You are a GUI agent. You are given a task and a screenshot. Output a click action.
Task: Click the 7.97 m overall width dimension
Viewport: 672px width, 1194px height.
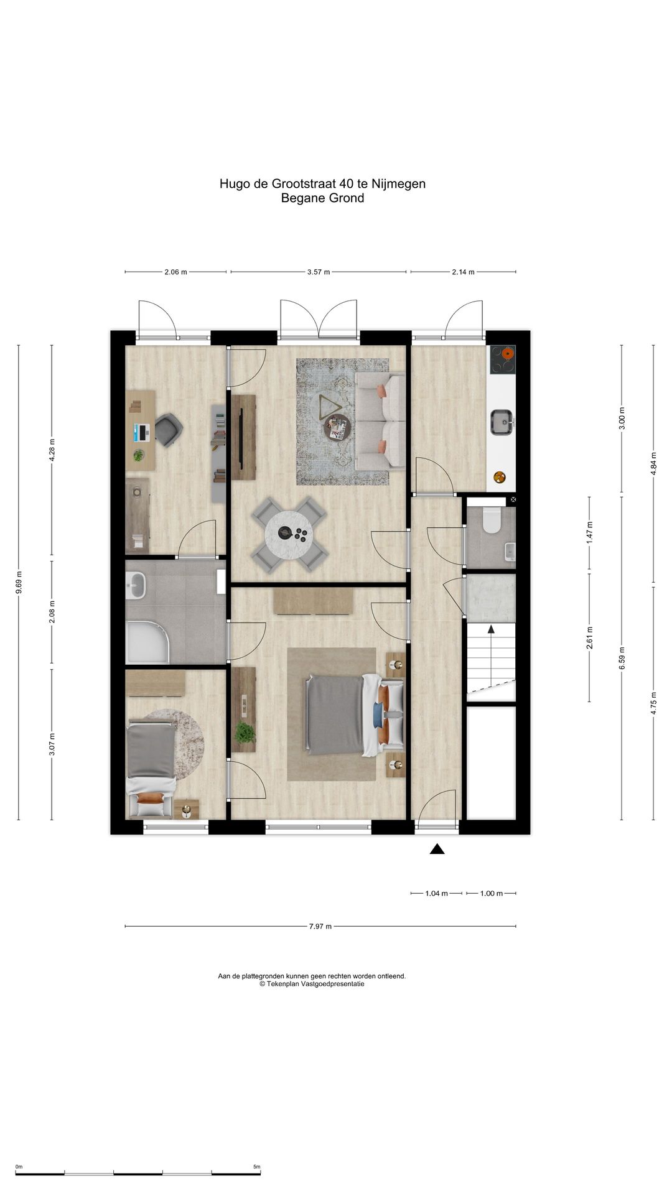click(x=320, y=927)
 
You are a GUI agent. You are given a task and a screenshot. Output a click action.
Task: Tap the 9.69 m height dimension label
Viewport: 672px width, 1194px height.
click(x=19, y=583)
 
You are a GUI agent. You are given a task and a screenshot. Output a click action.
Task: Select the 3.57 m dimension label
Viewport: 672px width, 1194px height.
click(x=319, y=272)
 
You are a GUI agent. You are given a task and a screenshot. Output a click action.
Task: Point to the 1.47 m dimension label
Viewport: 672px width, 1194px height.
click(x=590, y=533)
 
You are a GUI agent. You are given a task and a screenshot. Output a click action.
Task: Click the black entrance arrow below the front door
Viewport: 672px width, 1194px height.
click(x=437, y=849)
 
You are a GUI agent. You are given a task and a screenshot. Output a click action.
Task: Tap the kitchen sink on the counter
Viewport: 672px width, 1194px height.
click(x=502, y=422)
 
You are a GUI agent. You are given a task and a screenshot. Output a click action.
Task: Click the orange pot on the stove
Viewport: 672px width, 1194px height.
click(x=508, y=353)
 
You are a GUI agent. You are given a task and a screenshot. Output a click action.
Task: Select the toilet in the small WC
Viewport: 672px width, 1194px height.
click(x=492, y=521)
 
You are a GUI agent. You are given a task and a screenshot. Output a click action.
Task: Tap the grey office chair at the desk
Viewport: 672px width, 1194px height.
click(x=168, y=430)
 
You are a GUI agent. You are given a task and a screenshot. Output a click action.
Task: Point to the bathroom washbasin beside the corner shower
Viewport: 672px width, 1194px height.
click(x=136, y=585)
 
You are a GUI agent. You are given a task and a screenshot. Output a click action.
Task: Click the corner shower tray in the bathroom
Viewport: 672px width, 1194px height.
click(x=147, y=642)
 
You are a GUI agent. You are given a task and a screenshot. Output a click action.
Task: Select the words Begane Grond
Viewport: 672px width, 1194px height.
click(x=322, y=198)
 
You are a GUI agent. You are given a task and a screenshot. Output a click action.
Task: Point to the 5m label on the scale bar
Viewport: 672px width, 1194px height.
click(x=256, y=1167)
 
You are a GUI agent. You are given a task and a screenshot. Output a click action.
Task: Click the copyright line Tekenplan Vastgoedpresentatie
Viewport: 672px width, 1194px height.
click(x=312, y=984)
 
